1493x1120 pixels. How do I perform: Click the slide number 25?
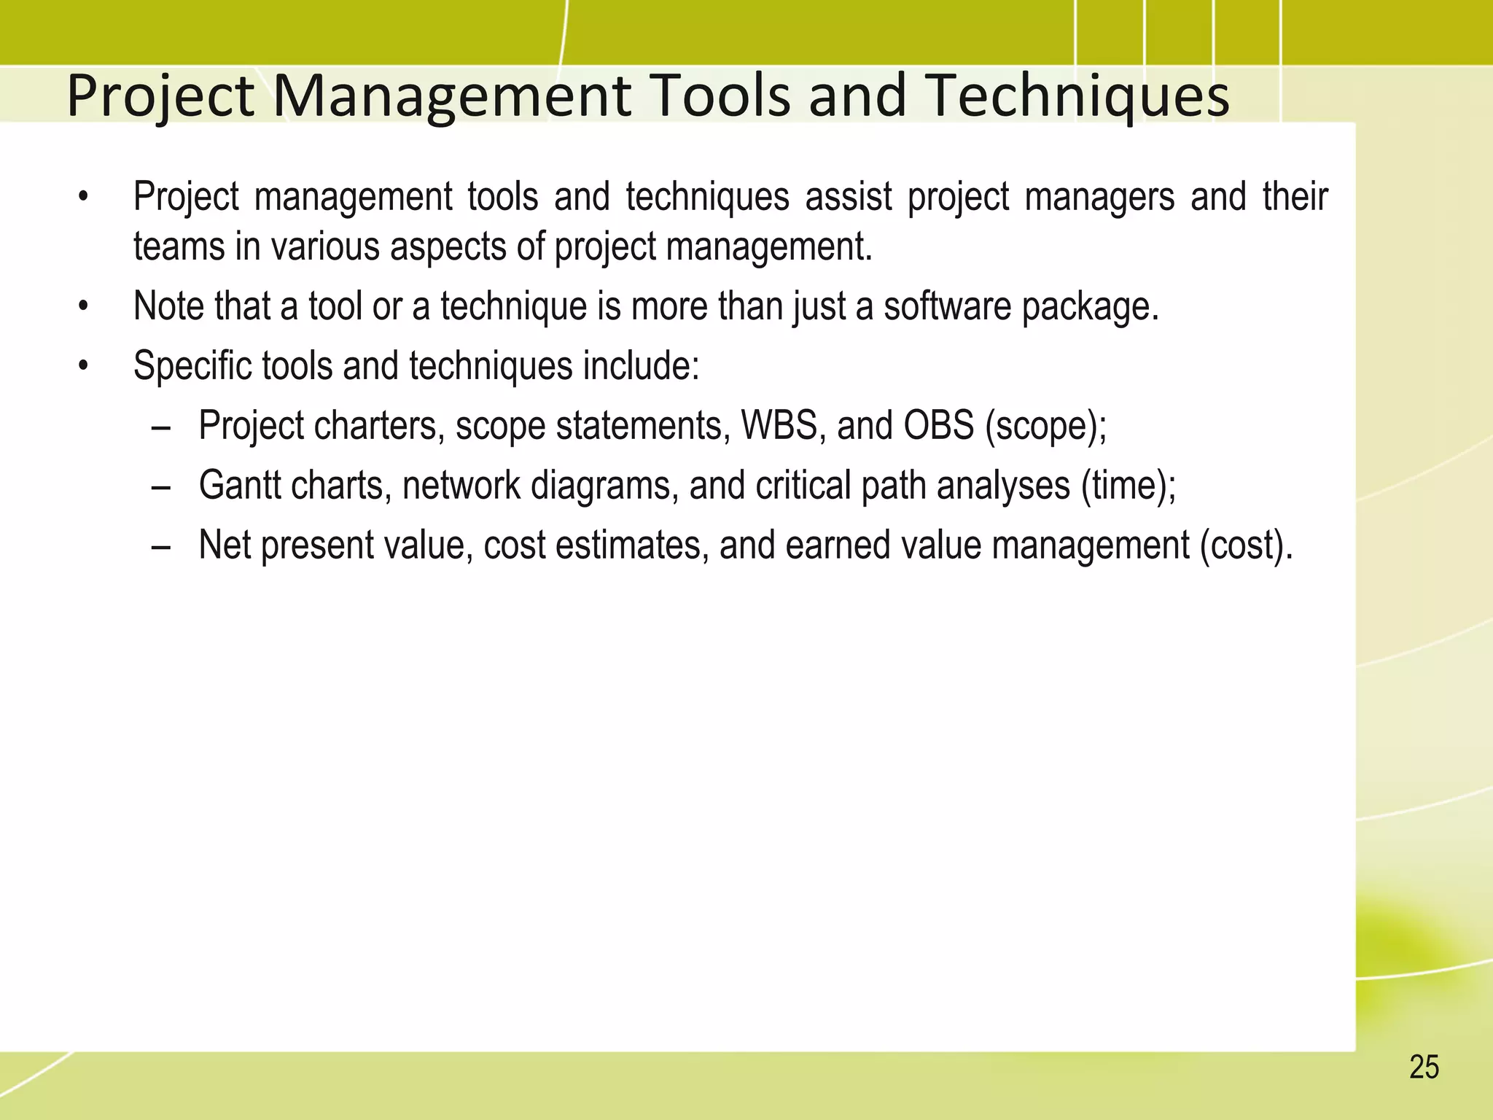pos(1424,1067)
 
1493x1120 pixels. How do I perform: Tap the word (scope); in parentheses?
pos(1045,426)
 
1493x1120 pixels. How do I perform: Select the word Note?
pos(165,306)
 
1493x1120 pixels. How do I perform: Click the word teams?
pos(179,246)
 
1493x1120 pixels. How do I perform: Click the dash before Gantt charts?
pos(161,486)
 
